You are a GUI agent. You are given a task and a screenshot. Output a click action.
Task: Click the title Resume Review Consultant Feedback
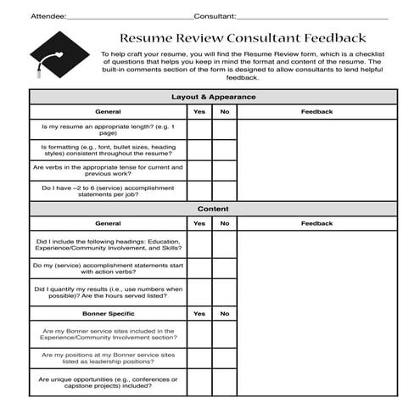click(243, 38)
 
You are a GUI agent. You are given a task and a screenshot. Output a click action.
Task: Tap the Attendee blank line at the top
click(128, 16)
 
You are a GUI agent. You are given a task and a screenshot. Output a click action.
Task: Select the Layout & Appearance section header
click(213, 97)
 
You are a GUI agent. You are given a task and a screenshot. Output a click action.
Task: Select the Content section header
click(213, 209)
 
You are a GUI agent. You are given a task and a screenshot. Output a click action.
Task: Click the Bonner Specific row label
click(108, 313)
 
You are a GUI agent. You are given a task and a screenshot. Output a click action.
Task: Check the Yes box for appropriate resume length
click(199, 129)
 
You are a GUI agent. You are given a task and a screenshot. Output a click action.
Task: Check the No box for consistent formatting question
click(225, 150)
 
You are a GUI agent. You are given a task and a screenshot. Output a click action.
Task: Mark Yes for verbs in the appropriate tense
click(199, 171)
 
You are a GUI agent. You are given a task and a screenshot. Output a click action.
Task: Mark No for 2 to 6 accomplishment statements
click(225, 191)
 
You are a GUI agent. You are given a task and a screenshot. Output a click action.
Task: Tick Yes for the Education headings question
click(199, 245)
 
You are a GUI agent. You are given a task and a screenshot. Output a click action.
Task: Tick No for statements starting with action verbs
click(225, 269)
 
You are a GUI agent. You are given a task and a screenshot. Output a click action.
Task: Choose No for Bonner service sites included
click(225, 335)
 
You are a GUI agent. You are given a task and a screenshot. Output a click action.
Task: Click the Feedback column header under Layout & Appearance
click(316, 111)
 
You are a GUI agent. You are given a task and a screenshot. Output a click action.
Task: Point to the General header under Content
click(108, 224)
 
